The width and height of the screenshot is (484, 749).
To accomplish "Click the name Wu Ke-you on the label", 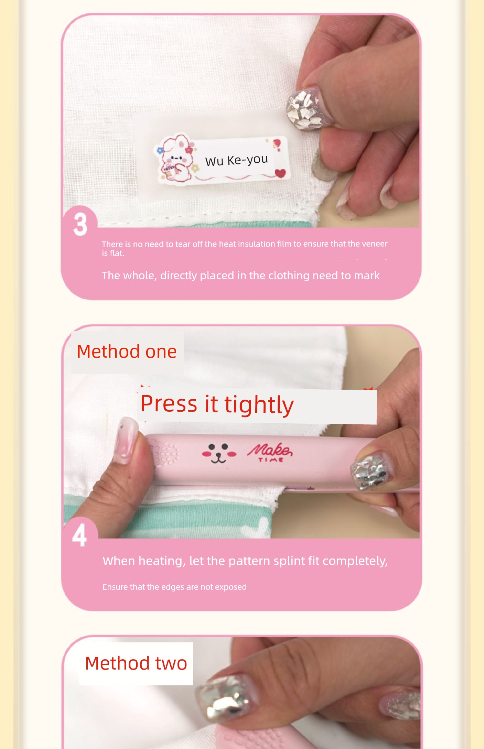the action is [x=236, y=160].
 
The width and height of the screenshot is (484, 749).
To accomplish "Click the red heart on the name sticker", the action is [x=280, y=173].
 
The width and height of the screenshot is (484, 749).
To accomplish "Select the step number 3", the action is [x=80, y=224].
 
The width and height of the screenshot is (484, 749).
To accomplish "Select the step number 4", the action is [x=79, y=535].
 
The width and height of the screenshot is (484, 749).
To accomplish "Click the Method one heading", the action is [x=127, y=351].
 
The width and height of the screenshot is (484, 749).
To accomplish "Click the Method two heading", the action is [x=136, y=663].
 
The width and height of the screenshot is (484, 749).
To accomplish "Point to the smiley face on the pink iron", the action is [x=219, y=453].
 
